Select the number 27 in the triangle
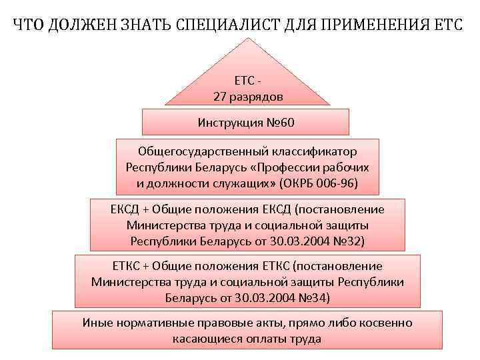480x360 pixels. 221,97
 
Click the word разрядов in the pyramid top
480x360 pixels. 257,97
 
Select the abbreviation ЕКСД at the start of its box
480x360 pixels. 124,209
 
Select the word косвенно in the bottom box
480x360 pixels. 387,323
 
